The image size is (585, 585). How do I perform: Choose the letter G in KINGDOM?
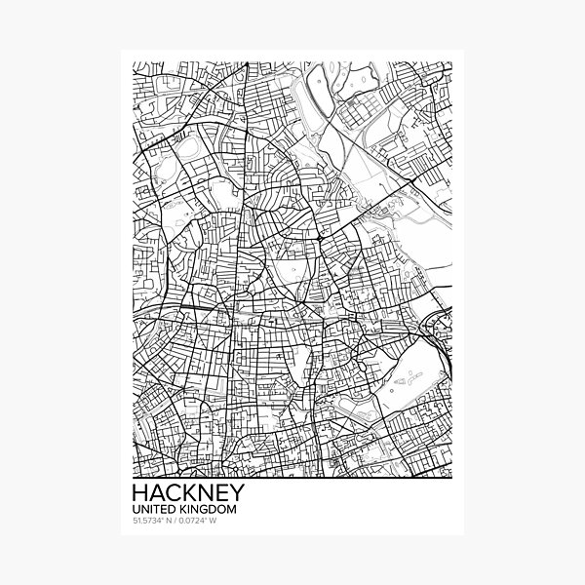pos(194,508)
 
